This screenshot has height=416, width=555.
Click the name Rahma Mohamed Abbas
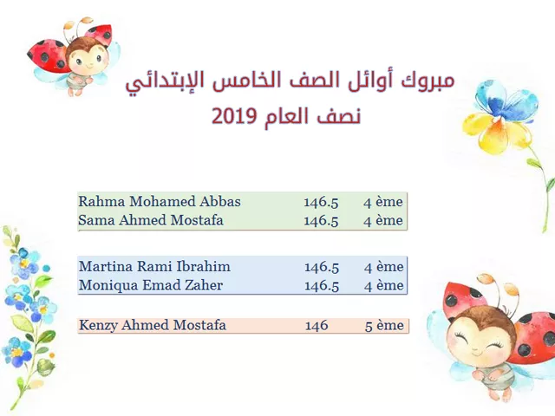click(x=160, y=202)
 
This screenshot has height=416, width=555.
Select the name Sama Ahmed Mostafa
click(x=151, y=220)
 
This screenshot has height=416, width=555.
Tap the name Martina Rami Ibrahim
click(x=154, y=266)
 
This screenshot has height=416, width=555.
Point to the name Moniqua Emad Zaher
click(x=151, y=285)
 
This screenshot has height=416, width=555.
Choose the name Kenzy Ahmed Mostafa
click(x=153, y=325)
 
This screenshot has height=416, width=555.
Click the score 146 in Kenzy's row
click(x=317, y=326)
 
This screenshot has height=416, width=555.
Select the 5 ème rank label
click(x=384, y=326)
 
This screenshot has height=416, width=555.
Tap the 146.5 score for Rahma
click(x=321, y=202)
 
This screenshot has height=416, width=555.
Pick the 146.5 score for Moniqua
click(x=322, y=285)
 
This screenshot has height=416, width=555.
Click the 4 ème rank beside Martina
click(x=383, y=267)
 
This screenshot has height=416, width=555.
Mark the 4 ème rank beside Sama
click(x=383, y=221)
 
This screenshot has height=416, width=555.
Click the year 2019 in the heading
click(x=234, y=116)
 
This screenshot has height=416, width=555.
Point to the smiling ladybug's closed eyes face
click(x=479, y=336)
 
